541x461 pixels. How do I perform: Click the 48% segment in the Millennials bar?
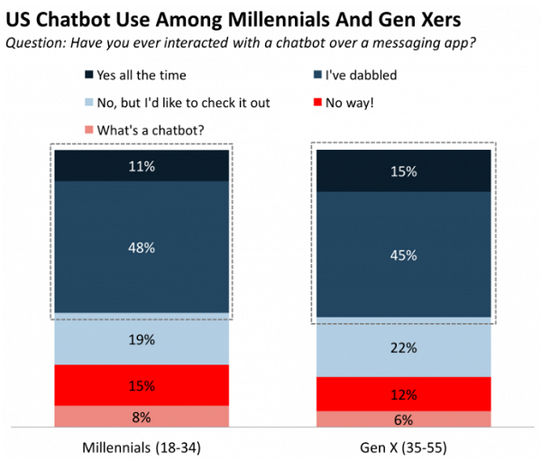tap(142, 246)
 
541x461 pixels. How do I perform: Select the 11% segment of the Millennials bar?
tap(142, 166)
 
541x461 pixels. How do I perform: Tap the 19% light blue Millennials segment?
tap(142, 339)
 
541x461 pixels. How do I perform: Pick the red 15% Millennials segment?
tap(142, 385)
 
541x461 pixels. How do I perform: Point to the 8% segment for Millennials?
tap(142, 416)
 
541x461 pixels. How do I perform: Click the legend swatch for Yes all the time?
tap(87, 76)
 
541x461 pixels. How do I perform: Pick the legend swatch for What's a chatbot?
tap(87, 128)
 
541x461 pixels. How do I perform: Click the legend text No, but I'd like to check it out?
tap(179, 102)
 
